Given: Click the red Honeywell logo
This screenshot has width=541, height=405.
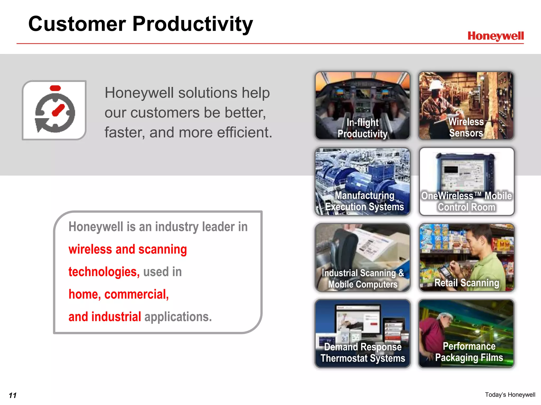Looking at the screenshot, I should click(495, 36).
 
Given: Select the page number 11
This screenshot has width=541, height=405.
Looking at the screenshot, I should click(12, 395).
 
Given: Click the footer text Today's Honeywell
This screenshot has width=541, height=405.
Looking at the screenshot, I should click(510, 395).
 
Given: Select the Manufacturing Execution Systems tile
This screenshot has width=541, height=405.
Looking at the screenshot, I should click(362, 181).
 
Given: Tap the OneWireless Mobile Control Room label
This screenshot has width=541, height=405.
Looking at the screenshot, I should click(466, 201).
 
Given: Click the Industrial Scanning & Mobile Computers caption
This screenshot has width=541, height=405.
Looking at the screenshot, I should click(363, 279).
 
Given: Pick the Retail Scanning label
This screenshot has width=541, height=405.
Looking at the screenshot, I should click(467, 283).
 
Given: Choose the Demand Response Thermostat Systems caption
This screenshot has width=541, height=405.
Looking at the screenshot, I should click(363, 353).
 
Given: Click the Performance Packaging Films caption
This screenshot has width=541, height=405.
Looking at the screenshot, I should click(469, 352).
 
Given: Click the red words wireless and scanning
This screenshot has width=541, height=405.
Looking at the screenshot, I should click(128, 249).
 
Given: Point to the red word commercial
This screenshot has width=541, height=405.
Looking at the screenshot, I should click(136, 294).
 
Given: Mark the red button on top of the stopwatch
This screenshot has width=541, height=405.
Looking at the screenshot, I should click(55, 88).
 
